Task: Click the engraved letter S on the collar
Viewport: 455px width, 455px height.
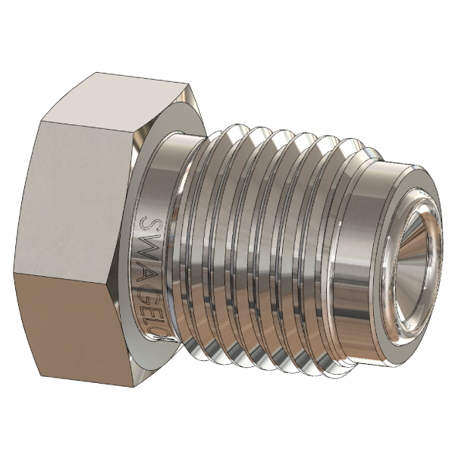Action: click(149, 224)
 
